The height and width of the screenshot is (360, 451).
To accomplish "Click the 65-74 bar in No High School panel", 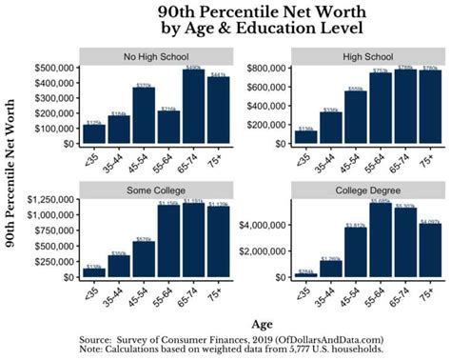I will [194, 107].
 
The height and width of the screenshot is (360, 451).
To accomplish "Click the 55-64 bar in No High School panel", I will [168, 127].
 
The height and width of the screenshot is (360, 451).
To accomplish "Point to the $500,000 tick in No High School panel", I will [54, 69].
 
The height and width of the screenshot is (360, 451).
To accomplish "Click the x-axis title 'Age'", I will [253, 322].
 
